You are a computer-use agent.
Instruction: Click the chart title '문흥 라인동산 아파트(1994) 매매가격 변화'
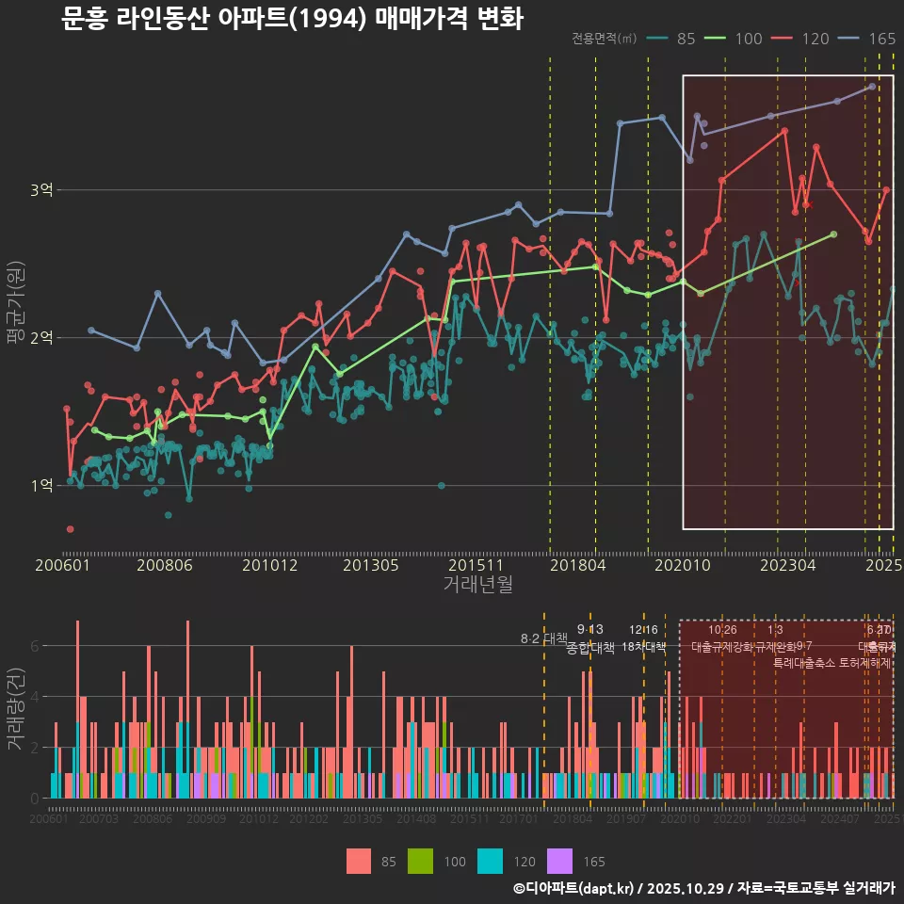292,19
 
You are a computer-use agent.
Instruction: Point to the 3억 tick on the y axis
41,190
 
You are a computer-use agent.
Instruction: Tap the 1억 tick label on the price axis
41,486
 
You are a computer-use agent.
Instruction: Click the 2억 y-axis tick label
41,338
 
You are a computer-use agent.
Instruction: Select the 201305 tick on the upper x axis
370,565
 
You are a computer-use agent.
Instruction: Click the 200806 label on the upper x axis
165,565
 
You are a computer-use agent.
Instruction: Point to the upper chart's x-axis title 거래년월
477,585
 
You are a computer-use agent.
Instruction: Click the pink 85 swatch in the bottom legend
359,862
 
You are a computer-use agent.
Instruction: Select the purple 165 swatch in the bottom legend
560,862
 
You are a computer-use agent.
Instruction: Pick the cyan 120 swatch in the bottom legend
492,862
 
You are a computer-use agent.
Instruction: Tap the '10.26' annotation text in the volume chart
722,629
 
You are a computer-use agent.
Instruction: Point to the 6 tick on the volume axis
34,646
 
